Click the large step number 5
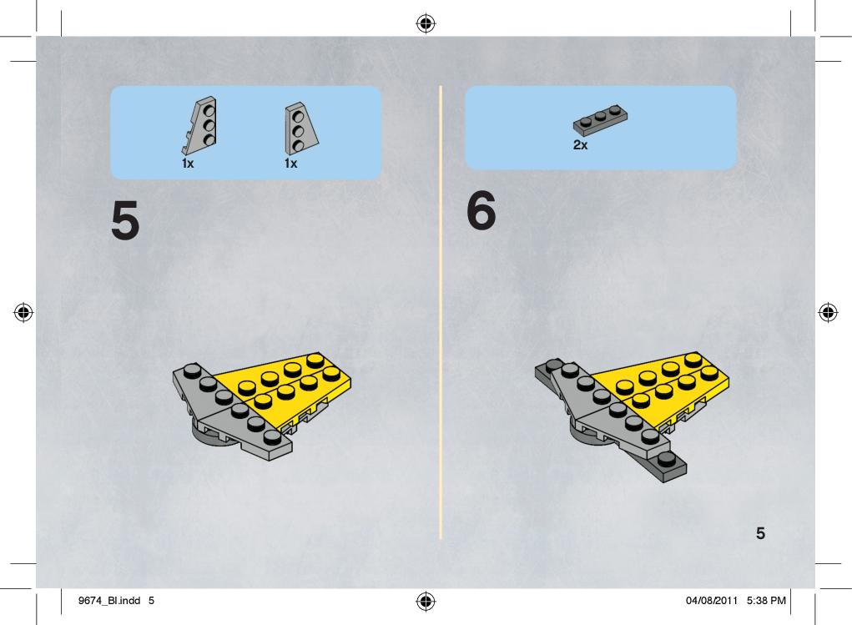tap(125, 219)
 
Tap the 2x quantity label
tap(580, 145)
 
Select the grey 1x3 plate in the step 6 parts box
tap(600, 119)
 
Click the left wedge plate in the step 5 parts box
tap(201, 125)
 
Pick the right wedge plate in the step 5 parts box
tap(300, 129)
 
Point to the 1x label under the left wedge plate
tap(188, 163)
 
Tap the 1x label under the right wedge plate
tap(290, 163)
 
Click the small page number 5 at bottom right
tap(760, 533)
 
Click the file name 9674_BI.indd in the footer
tap(109, 601)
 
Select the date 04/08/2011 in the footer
tap(712, 601)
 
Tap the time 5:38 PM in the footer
tap(766, 601)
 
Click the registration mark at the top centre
tap(426, 23)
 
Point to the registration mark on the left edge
tap(23, 312)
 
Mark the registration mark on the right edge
tap(828, 312)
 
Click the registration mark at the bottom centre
tap(426, 601)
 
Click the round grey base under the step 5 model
tap(209, 436)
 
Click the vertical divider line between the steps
tap(441, 312)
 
